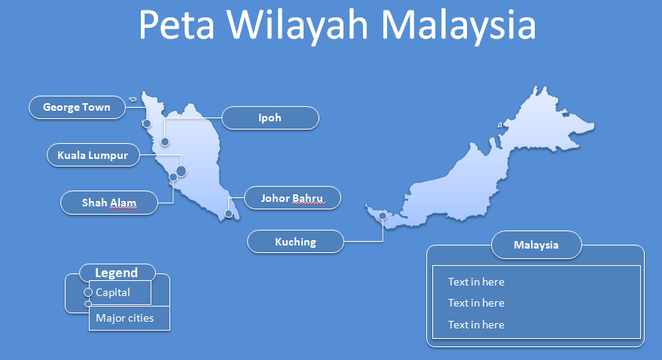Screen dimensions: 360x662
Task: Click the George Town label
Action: (x=76, y=108)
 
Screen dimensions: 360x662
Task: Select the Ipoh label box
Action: (x=270, y=118)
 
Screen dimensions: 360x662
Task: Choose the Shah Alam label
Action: (x=109, y=203)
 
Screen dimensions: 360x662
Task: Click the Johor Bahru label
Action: (x=291, y=199)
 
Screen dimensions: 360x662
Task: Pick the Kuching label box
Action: (x=295, y=242)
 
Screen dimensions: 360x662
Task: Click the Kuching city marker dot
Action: (x=383, y=216)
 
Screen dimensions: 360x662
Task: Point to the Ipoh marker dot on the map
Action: (x=165, y=142)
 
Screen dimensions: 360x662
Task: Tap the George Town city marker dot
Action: (x=147, y=124)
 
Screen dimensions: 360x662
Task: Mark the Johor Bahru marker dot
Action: (x=229, y=214)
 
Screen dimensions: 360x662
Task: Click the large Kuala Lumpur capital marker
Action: (x=181, y=171)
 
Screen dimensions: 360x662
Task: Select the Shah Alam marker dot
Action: (x=173, y=177)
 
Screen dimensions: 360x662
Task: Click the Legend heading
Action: (x=117, y=273)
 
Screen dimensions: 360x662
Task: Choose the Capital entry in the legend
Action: (x=113, y=292)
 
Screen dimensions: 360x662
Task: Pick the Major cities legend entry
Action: (x=125, y=318)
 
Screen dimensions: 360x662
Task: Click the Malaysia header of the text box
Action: (x=536, y=245)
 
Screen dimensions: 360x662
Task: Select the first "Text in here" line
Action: (x=476, y=282)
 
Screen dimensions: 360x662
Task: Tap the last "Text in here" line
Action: (x=476, y=325)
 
